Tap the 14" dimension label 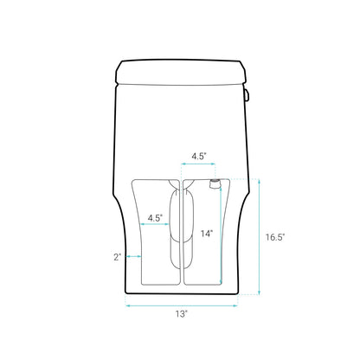207,234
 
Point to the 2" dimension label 117,257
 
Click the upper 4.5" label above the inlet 198,157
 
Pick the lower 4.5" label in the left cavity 156,217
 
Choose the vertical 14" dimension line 215,238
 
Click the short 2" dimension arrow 133,257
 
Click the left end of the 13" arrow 129,304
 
